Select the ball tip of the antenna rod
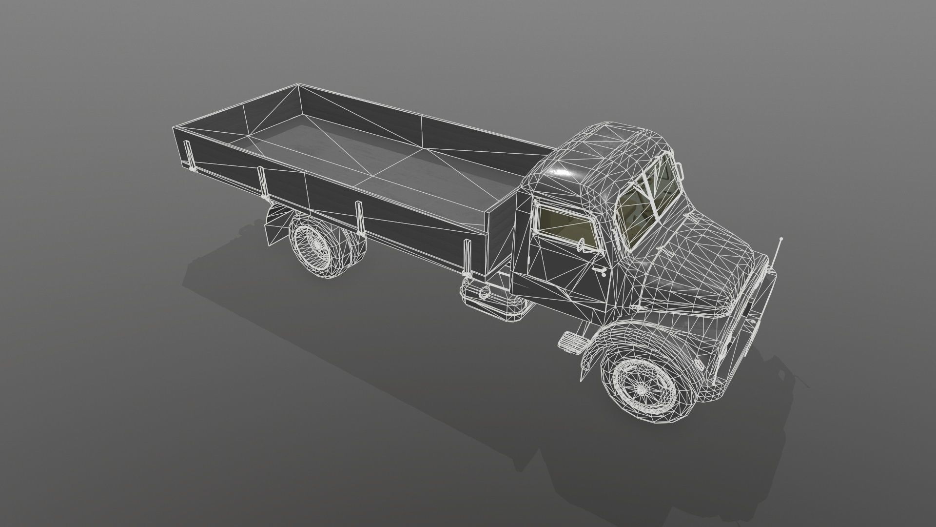(x=781, y=239)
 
